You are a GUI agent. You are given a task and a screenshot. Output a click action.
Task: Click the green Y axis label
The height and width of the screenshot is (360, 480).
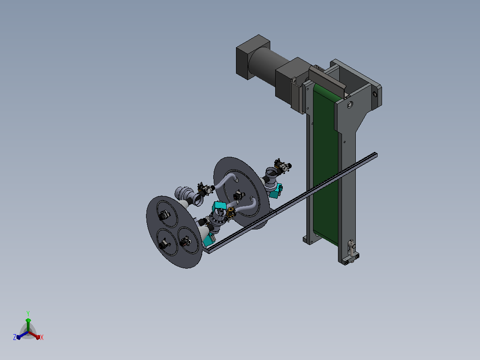click(x=28, y=313)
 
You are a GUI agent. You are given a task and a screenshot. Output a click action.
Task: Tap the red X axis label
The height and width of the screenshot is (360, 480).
click(x=42, y=337)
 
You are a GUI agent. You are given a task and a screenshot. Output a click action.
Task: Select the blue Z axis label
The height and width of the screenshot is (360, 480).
click(x=15, y=337)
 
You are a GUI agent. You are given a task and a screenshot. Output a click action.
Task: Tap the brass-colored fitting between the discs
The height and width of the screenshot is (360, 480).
click(x=231, y=213)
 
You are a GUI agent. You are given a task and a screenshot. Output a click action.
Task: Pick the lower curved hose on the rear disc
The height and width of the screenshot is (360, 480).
click(x=245, y=205)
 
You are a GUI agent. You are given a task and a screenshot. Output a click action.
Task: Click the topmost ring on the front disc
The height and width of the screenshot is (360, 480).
click(x=167, y=214)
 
